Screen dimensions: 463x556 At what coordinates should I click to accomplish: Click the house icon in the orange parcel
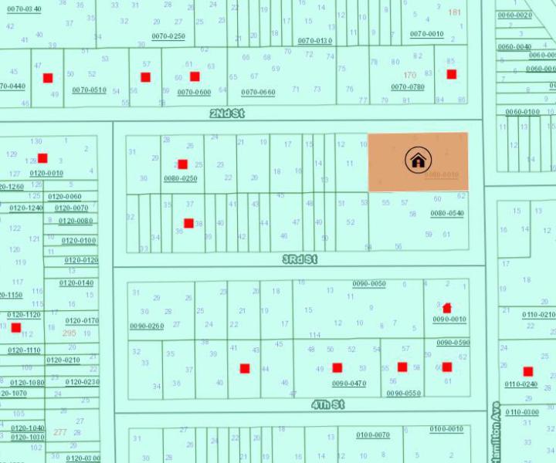(418, 161)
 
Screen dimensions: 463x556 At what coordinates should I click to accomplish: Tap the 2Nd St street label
(227, 113)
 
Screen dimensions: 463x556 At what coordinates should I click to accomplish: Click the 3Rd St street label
(300, 260)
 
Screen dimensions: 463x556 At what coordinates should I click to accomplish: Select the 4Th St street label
(327, 404)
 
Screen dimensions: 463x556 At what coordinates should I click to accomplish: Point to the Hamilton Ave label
(495, 432)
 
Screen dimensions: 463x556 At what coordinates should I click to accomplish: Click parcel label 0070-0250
(168, 36)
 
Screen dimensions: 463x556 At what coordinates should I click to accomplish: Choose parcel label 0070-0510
(89, 90)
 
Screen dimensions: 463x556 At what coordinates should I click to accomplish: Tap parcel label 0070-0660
(257, 93)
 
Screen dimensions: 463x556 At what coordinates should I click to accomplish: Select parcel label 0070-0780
(408, 87)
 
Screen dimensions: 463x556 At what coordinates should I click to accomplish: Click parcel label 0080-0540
(447, 213)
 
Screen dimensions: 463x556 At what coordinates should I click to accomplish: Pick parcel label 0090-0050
(369, 284)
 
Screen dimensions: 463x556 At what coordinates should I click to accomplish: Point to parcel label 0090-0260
(147, 326)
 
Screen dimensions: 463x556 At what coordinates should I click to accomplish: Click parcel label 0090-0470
(349, 384)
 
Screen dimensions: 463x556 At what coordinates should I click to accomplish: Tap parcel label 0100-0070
(373, 435)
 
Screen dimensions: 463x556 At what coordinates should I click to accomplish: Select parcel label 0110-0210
(538, 315)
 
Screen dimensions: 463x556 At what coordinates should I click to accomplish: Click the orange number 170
(409, 76)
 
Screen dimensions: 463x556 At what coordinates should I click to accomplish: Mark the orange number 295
(69, 333)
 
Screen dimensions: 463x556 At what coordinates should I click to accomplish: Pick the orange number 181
(454, 12)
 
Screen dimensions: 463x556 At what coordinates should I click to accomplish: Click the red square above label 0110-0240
(528, 372)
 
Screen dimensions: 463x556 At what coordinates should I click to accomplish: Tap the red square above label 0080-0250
(182, 164)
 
